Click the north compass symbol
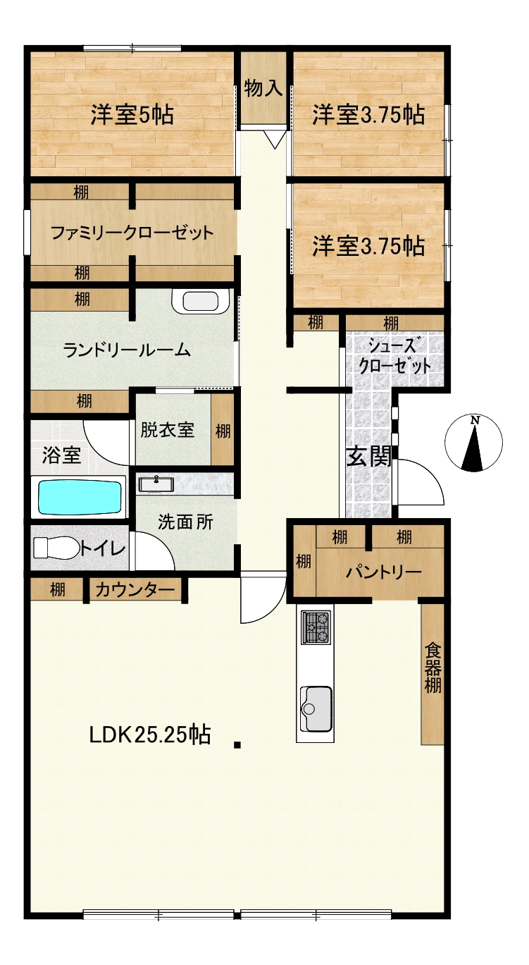point(473,443)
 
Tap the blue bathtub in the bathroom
point(80,497)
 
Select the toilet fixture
point(56,548)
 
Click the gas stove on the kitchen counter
point(317,627)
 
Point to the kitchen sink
point(317,708)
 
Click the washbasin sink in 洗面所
point(156,484)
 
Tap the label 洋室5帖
point(132,115)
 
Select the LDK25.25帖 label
point(150,735)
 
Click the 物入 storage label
point(263,88)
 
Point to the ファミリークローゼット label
point(132,233)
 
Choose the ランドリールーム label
point(127,350)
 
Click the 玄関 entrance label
point(369,457)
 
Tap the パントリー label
point(384,572)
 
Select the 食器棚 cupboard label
point(433,668)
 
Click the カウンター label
point(135,589)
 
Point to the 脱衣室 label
point(168,429)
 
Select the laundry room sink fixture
point(200,301)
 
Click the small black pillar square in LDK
point(237,744)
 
